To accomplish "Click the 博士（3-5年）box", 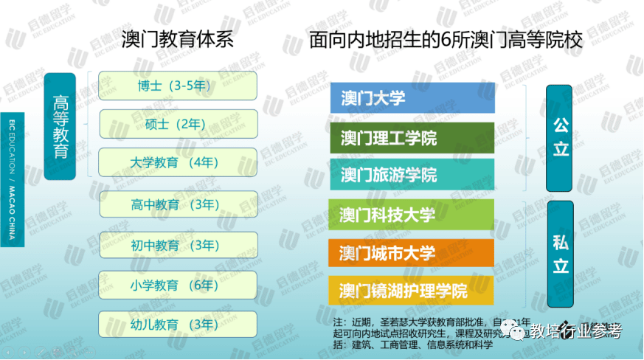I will click(178, 86).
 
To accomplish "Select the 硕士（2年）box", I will click(178, 124).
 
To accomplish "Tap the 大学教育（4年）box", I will click(178, 162).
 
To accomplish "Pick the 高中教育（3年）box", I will click(178, 204).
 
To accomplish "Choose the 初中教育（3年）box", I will click(178, 245).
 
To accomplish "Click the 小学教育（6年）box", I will click(178, 285).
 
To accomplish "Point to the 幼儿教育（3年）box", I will click(178, 324).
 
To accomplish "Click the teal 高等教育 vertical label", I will click(60, 126).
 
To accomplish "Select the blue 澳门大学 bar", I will click(412, 98).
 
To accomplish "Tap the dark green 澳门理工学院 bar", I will click(412, 138).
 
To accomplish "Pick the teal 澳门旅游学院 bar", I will click(412, 175).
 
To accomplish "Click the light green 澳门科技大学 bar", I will click(412, 215).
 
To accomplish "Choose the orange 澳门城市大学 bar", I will click(412, 253).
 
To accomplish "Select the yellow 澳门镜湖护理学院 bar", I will click(412, 291).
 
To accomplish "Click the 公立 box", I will click(560, 138).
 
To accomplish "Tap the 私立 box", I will click(560, 252).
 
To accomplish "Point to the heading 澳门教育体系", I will click(178, 39).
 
